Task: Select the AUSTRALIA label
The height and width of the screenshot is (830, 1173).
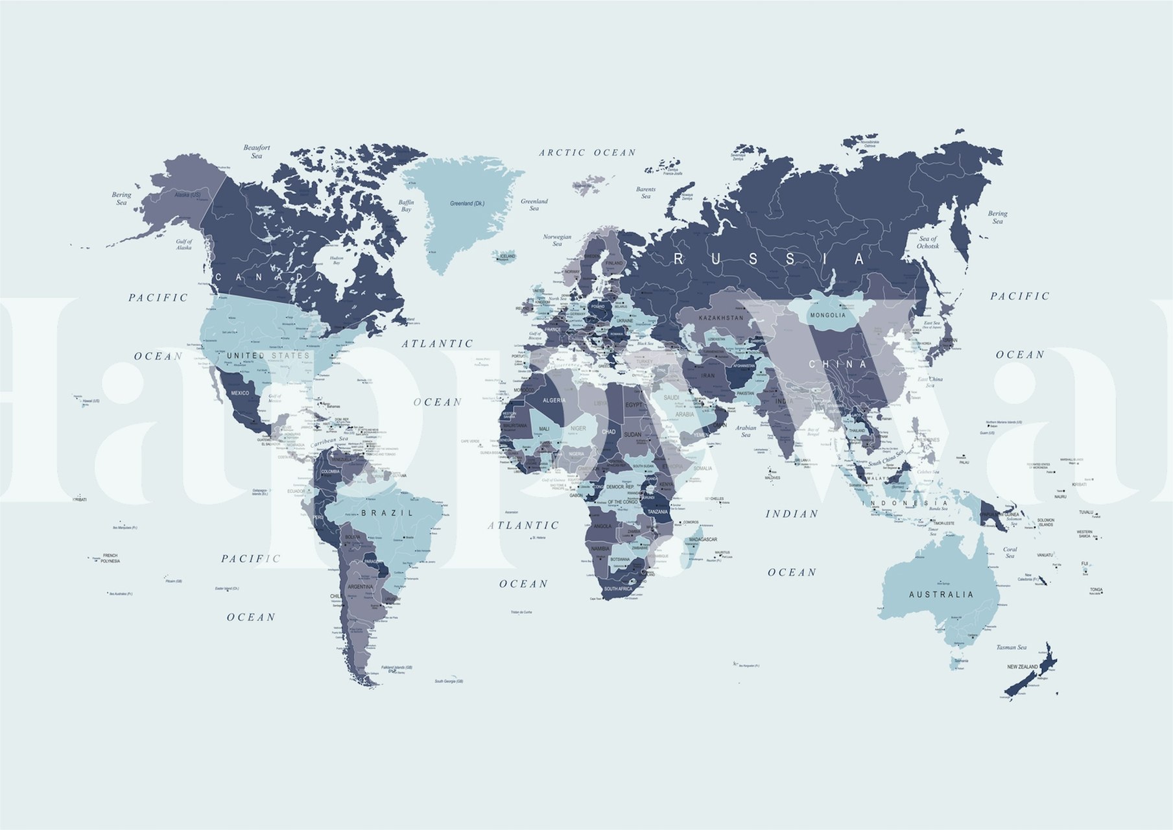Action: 941,595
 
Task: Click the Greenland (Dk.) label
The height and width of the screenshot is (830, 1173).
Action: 467,204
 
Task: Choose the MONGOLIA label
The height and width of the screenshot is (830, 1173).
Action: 827,315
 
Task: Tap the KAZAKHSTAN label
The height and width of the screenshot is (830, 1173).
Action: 721,318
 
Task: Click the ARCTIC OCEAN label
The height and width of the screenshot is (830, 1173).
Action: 587,153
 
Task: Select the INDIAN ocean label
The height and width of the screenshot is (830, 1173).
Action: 792,514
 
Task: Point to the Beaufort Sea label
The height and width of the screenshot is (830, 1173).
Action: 257,152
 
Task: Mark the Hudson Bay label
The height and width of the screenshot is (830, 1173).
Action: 337,260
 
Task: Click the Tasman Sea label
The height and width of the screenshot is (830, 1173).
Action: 1012,647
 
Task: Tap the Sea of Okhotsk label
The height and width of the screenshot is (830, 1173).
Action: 928,243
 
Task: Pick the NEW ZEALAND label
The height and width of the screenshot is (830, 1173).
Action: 1022,667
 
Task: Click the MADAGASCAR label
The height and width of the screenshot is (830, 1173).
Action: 702,539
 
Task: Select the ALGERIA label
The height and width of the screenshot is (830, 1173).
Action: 554,401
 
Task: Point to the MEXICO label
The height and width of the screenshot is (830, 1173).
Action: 240,394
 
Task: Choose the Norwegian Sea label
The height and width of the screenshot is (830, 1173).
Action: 557,241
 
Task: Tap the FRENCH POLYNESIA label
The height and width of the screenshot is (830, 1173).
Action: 110,558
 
